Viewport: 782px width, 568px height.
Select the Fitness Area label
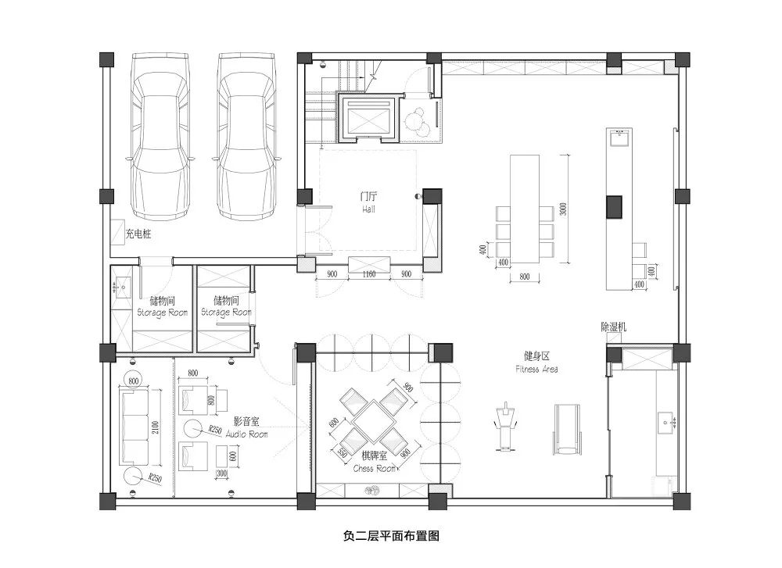click(x=536, y=363)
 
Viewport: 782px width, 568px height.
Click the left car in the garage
click(x=160, y=134)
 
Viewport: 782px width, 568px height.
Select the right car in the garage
click(x=246, y=134)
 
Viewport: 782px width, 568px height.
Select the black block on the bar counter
click(x=615, y=205)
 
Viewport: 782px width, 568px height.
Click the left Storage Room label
click(x=163, y=305)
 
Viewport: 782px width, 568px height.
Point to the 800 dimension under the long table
click(x=524, y=276)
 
